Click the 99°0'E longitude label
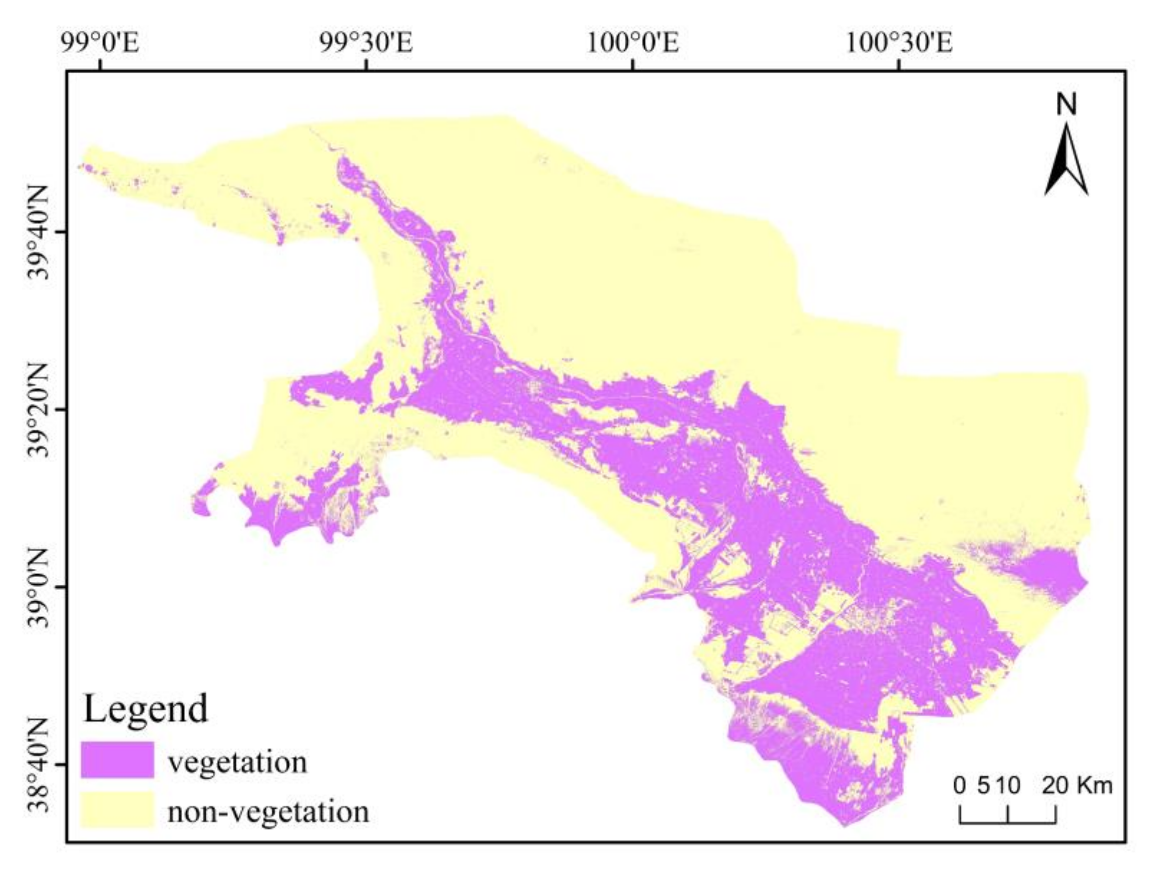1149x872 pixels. pyautogui.click(x=100, y=43)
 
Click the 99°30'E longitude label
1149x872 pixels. pyautogui.click(x=366, y=43)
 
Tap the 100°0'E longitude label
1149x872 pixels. pyautogui.click(x=632, y=43)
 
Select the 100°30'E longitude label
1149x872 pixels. pyautogui.click(x=899, y=43)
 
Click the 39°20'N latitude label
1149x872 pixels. pyautogui.click(x=37, y=410)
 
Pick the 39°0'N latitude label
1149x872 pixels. pyautogui.click(x=37, y=588)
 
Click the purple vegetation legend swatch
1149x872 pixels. pyautogui.click(x=118, y=759)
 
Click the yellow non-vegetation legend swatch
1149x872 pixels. pyautogui.click(x=118, y=809)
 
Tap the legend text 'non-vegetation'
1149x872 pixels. pyautogui.click(x=268, y=811)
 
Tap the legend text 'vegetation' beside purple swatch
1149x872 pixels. pyautogui.click(x=238, y=762)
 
